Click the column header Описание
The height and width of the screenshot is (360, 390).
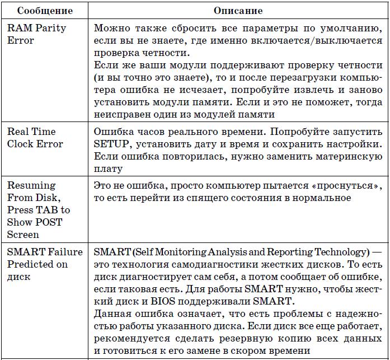(237, 11)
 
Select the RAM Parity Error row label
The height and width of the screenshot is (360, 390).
(36, 34)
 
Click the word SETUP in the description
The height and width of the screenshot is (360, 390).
(109, 144)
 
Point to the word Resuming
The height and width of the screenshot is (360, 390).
(31, 185)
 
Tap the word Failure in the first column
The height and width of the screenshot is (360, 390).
(64, 251)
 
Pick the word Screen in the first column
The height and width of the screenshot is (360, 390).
(23, 235)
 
